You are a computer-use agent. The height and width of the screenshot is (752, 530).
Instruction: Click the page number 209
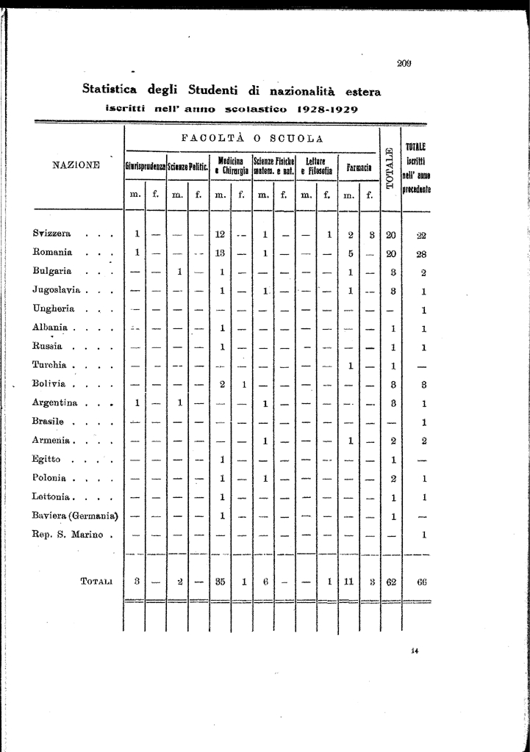tap(404, 63)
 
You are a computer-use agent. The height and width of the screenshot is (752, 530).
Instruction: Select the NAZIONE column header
tap(76, 164)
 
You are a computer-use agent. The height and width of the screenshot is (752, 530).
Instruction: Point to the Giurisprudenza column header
tap(146, 167)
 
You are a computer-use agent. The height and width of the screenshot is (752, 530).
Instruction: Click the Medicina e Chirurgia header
tap(230, 167)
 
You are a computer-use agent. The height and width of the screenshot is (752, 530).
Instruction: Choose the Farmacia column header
tap(359, 167)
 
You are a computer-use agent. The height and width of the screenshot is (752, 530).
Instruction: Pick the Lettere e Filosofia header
tap(316, 167)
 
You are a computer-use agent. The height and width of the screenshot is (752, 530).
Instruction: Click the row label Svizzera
tap(51, 234)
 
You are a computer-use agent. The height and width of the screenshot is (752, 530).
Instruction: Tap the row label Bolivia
tap(49, 383)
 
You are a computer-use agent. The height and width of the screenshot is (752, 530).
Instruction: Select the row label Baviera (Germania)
tap(75, 515)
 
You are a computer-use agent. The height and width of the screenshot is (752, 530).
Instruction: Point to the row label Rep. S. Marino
tap(68, 534)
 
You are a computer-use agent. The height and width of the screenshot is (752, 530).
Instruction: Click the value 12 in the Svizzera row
tap(219, 234)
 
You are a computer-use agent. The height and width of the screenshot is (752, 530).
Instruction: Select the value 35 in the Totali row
tap(219, 581)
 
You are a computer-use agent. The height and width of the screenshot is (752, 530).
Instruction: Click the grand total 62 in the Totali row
tap(392, 582)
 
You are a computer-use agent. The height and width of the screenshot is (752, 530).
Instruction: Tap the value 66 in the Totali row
tap(422, 582)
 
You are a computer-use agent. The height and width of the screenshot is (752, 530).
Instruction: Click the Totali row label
tap(96, 582)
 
